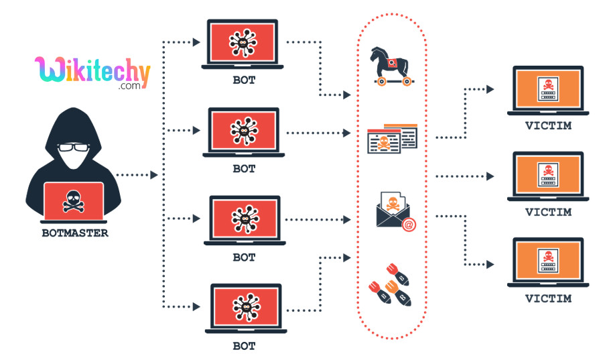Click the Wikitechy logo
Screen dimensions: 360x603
click(x=92, y=72)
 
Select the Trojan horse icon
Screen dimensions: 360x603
click(x=392, y=66)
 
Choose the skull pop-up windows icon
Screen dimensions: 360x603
click(x=392, y=138)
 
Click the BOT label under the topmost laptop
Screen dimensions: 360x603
click(x=244, y=80)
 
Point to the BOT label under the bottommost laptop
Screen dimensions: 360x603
click(x=244, y=346)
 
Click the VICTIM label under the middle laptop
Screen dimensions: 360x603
click(x=548, y=212)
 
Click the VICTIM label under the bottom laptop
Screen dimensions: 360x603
click(x=548, y=298)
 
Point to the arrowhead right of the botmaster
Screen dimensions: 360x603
click(x=154, y=175)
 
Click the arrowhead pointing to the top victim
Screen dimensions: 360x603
click(x=490, y=88)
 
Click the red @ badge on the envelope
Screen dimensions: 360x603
click(x=408, y=225)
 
